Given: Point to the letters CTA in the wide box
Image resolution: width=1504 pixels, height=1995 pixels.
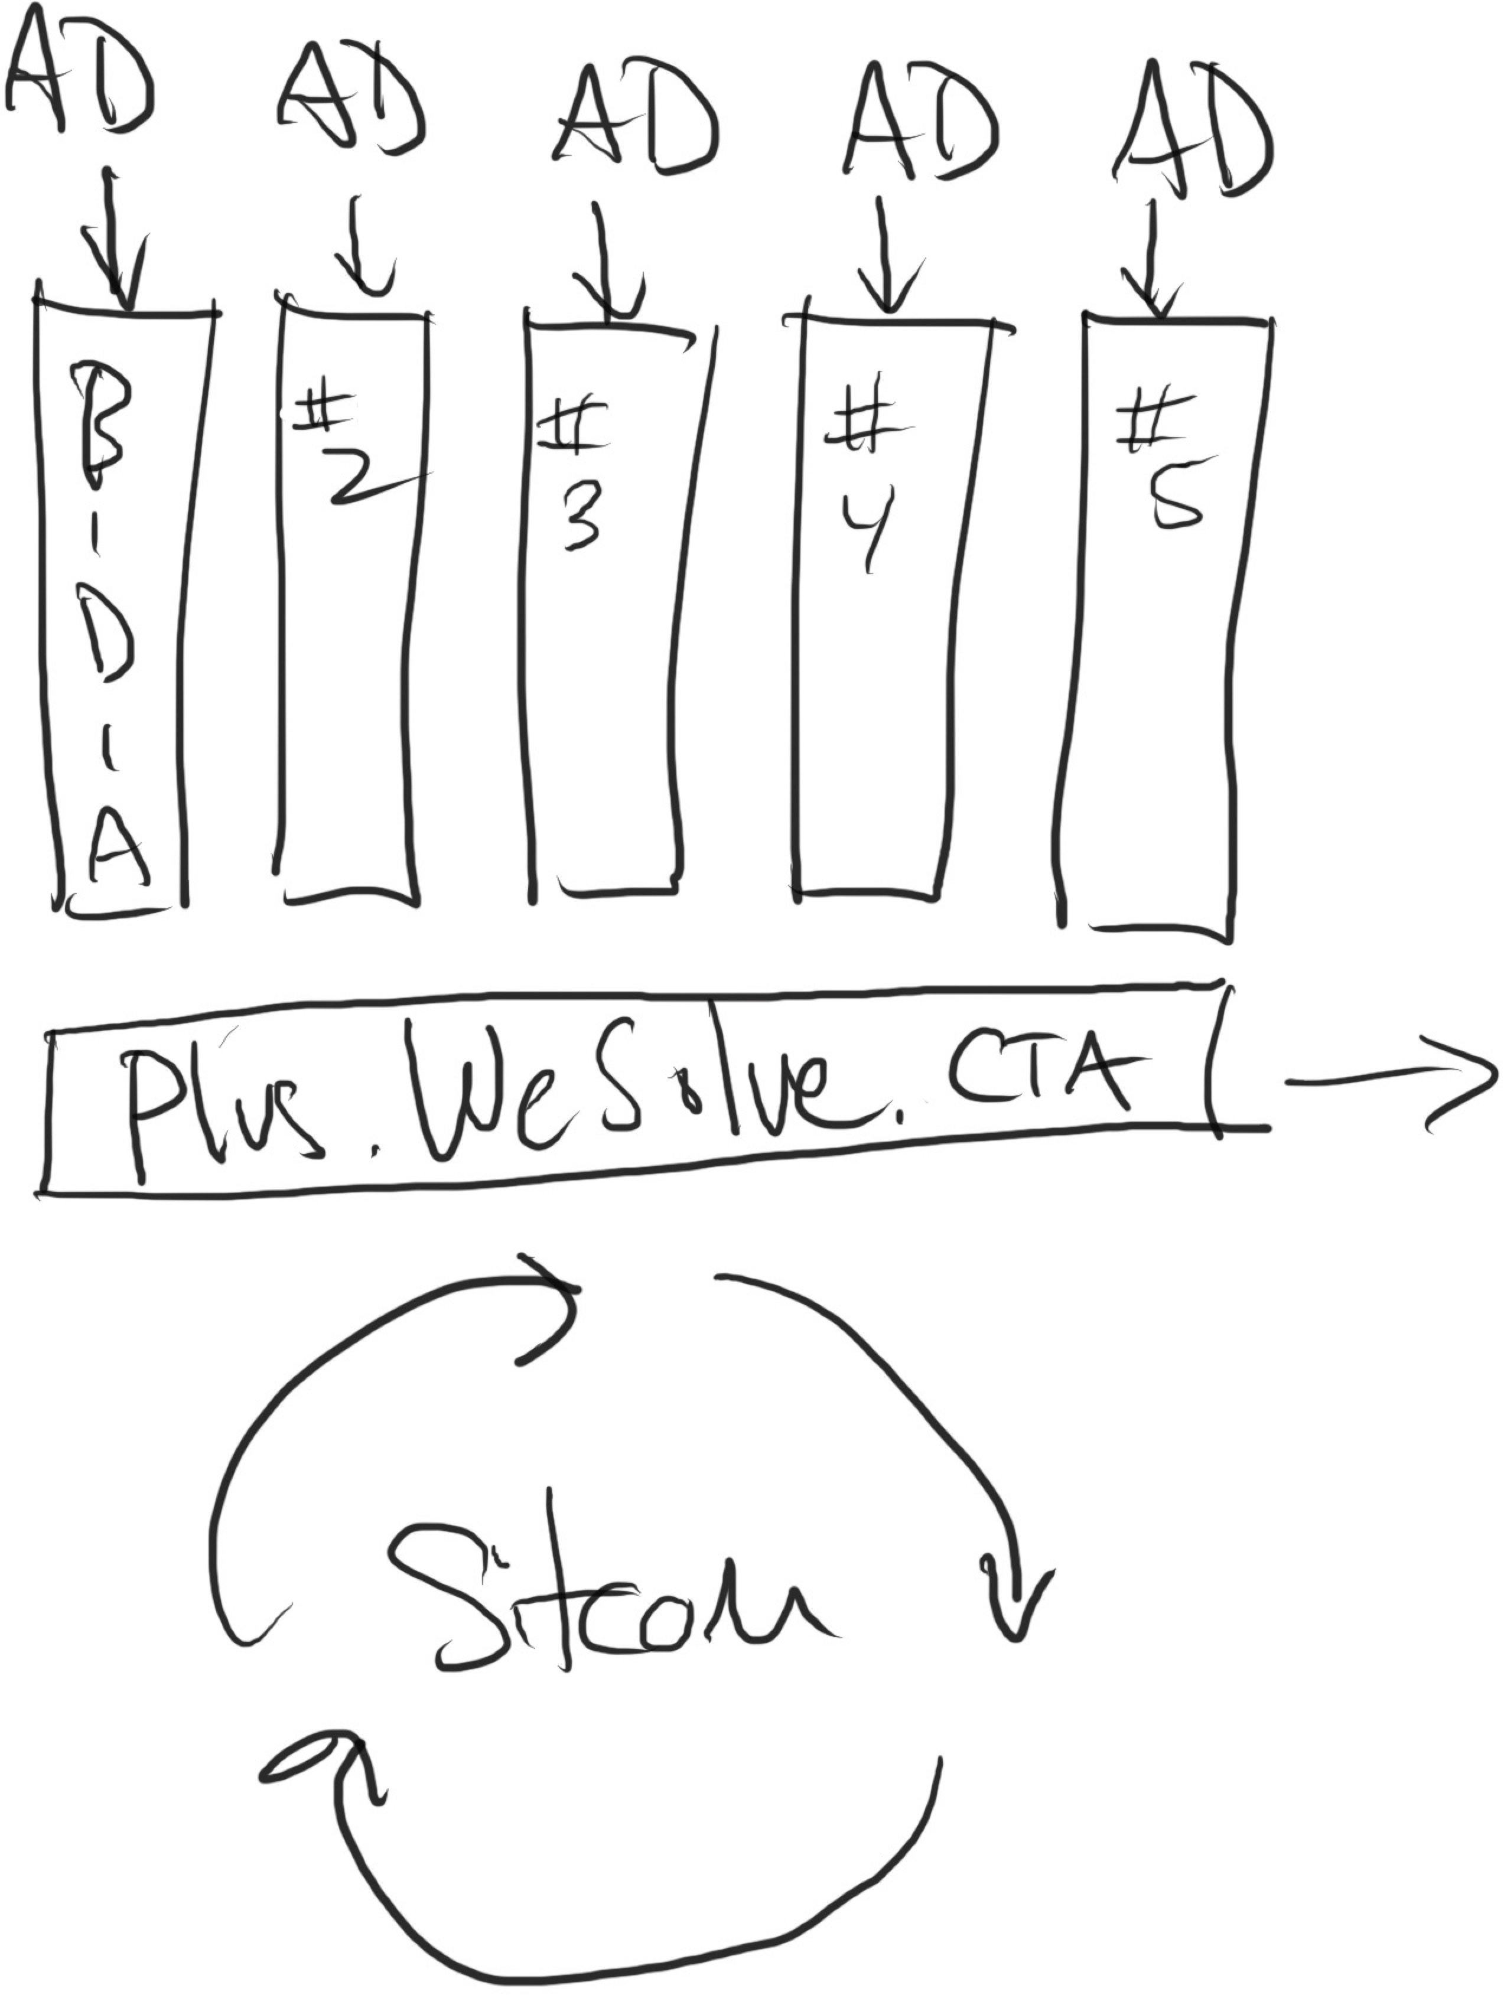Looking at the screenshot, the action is [x=1037, y=1073].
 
